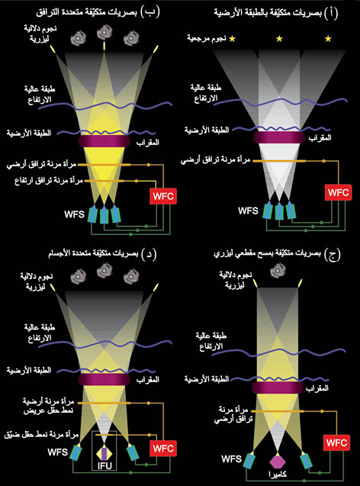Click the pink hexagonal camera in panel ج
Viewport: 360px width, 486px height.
(278, 462)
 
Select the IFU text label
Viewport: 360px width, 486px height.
(104, 465)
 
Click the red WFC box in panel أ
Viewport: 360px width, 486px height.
(339, 192)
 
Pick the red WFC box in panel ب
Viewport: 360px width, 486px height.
(163, 196)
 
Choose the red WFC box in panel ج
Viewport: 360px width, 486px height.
(336, 443)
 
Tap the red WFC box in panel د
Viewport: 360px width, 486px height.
(163, 448)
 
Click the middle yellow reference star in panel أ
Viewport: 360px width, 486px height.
(279, 38)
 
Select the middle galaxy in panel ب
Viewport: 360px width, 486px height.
(104, 32)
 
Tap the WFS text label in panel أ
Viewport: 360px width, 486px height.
(248, 211)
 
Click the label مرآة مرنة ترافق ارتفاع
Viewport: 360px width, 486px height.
(49, 180)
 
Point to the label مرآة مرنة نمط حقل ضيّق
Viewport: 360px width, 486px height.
(41, 435)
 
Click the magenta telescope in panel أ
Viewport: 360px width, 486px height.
(279, 137)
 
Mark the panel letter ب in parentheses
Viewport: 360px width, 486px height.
(150, 11)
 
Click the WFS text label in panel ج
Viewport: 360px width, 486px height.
(231, 459)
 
